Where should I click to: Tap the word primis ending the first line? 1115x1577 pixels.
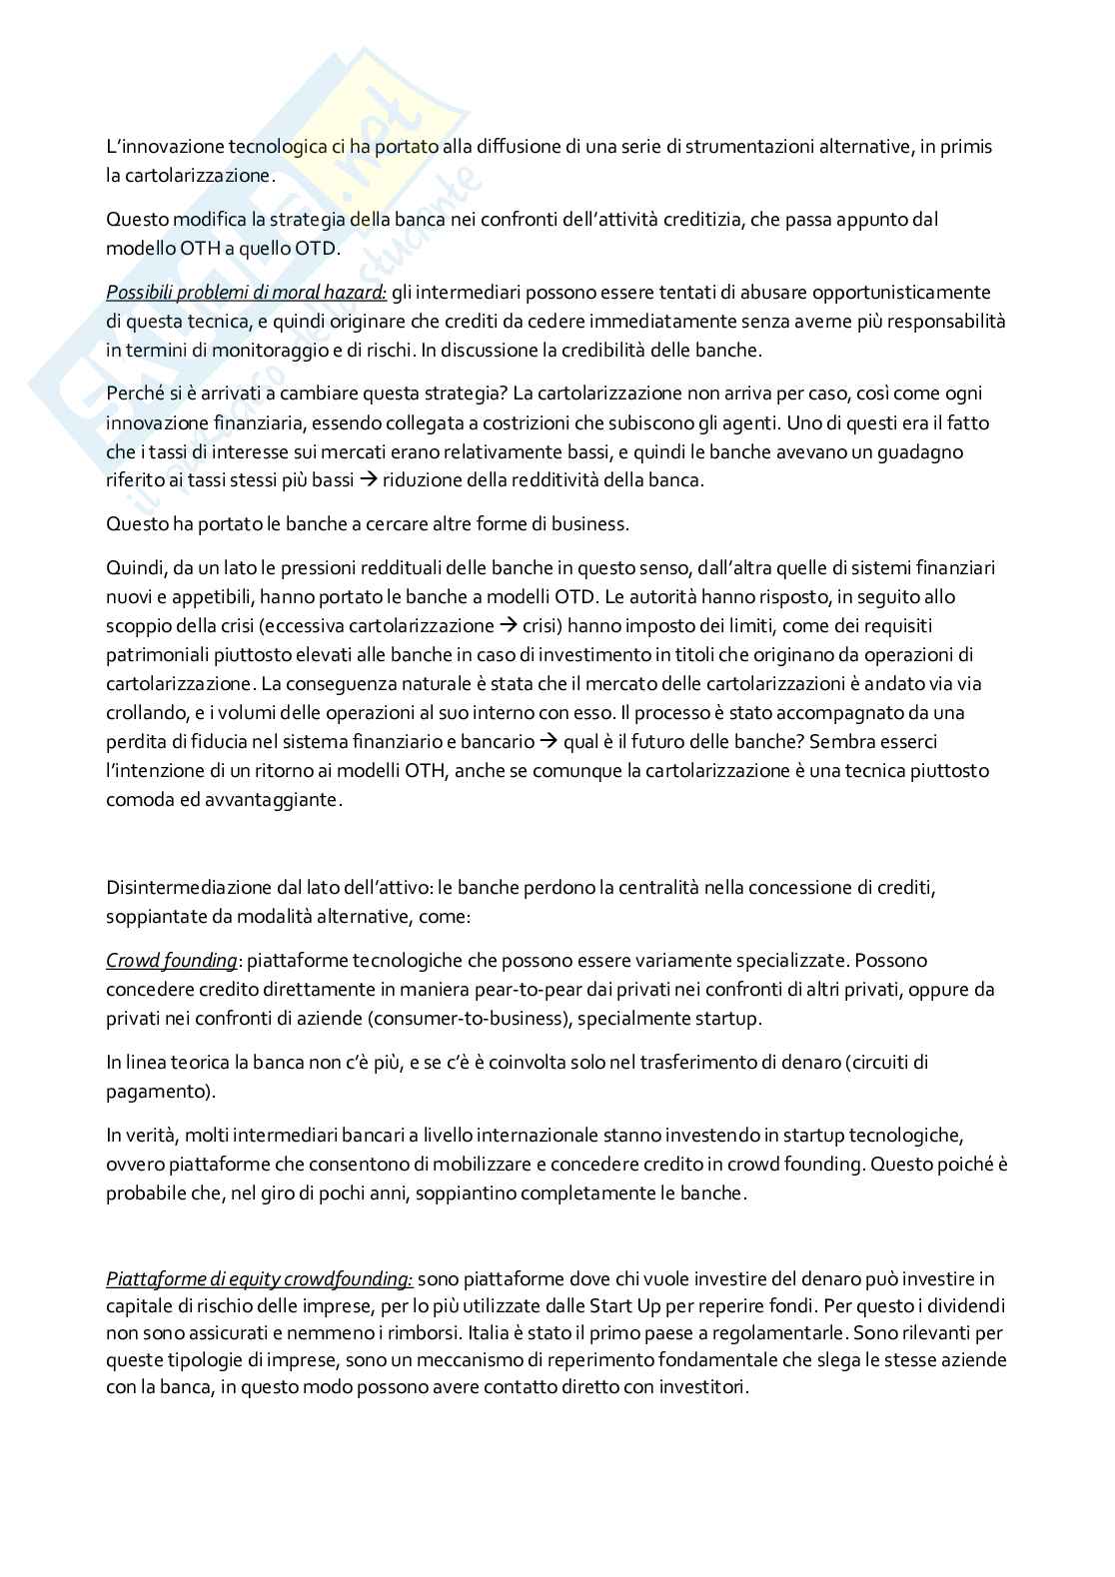click(966, 147)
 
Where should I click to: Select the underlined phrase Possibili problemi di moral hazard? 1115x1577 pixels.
click(246, 293)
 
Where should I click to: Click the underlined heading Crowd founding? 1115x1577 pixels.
click(172, 961)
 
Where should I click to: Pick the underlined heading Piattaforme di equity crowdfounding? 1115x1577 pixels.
click(259, 1278)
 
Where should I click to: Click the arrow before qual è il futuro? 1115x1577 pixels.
click(549, 742)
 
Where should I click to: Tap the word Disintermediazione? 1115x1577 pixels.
click(190, 887)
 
